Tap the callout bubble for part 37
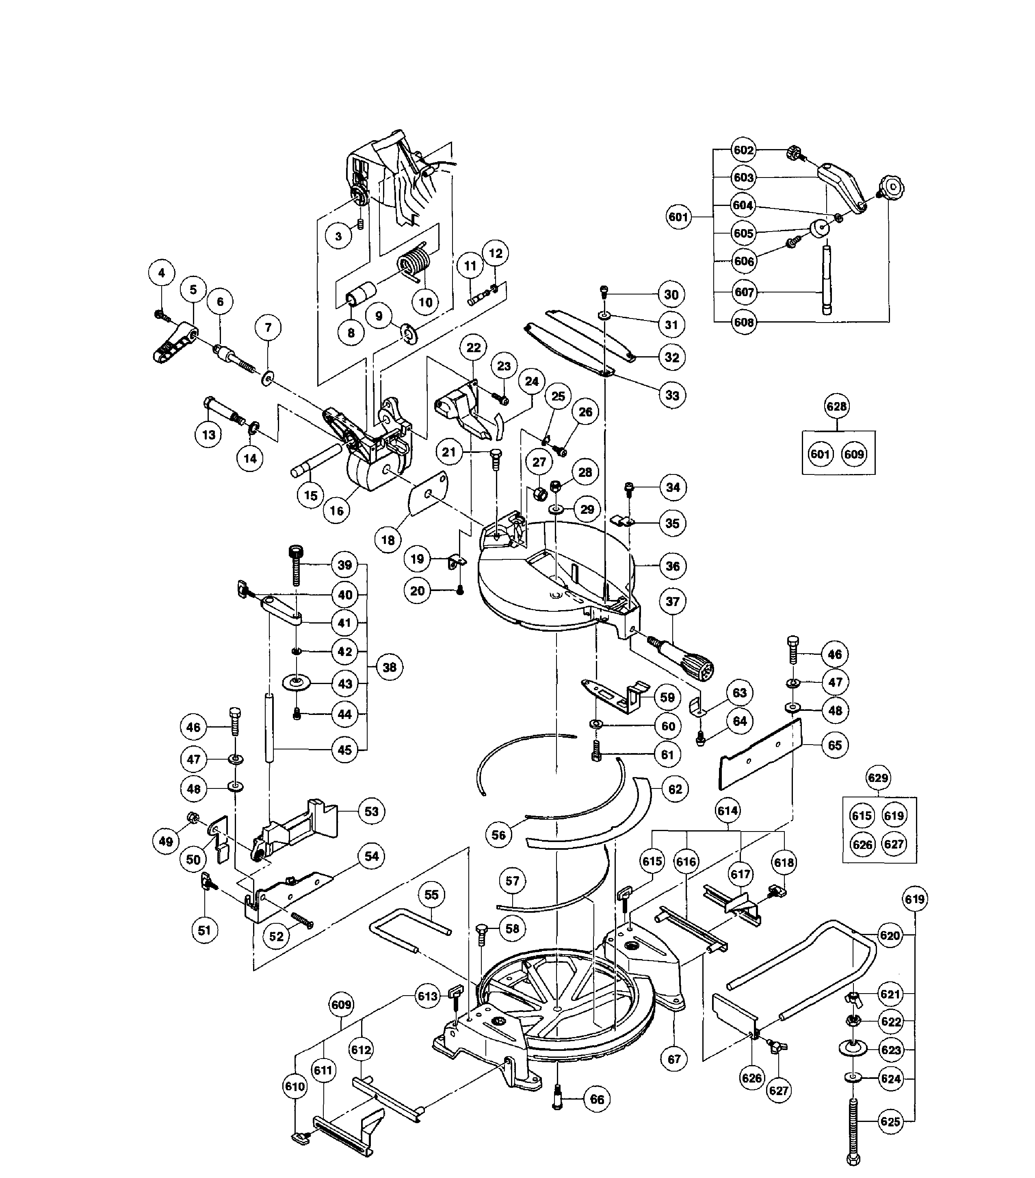pyautogui.click(x=673, y=601)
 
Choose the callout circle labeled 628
pyautogui.click(x=836, y=406)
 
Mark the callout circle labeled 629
pyautogui.click(x=878, y=778)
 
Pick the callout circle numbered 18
pyautogui.click(x=388, y=540)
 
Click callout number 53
pyautogui.click(x=372, y=812)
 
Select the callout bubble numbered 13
pyautogui.click(x=209, y=435)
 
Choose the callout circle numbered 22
pyautogui.click(x=473, y=348)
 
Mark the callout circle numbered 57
pyautogui.click(x=512, y=881)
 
